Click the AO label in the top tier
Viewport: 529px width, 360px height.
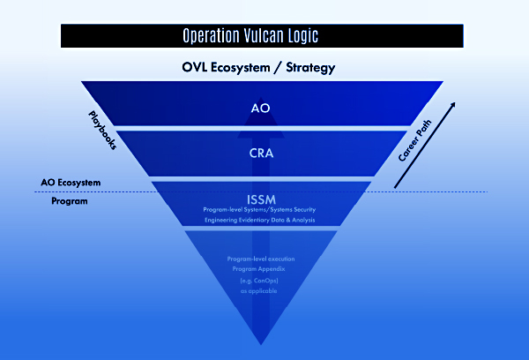[262, 109]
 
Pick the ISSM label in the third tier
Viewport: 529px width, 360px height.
[262, 196]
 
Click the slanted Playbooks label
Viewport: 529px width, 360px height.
[102, 130]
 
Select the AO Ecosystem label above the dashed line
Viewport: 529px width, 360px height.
[71, 183]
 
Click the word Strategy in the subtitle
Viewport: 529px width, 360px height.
[306, 67]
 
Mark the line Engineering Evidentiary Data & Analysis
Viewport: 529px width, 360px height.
[262, 221]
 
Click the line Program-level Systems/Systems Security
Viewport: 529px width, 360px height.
[262, 210]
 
